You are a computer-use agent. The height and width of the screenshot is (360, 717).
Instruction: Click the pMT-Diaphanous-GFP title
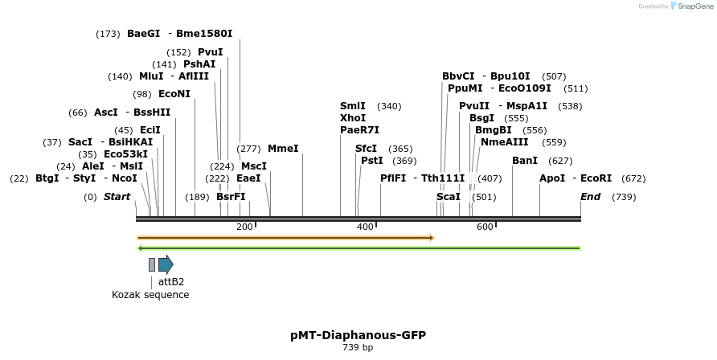pos(358,335)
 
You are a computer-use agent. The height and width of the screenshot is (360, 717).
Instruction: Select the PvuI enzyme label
pos(210,52)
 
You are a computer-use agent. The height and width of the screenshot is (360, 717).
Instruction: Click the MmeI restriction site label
pos(283,149)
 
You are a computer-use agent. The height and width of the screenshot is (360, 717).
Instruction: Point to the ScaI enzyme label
pos(449,197)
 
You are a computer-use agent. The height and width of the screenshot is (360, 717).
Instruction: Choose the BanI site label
pos(525,161)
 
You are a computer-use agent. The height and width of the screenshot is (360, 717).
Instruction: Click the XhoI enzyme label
pos(353,117)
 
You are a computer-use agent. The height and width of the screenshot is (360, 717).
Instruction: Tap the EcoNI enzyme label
pos(174,94)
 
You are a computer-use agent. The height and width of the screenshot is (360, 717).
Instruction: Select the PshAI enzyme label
pos(199,64)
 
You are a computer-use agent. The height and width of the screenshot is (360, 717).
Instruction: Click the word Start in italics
pos(117,197)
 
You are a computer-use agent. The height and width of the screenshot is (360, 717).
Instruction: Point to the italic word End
pos(590,197)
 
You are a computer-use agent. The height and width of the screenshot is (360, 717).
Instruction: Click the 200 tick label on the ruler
pos(244,227)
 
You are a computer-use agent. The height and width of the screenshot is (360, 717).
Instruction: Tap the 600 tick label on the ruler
pos(484,227)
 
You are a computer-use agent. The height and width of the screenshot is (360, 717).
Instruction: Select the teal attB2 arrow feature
pos(166,264)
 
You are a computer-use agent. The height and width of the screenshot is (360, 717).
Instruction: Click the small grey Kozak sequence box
pos(152,264)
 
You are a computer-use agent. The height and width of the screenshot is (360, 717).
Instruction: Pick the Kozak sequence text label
pos(150,295)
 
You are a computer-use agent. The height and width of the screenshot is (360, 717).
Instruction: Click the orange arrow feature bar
pos(285,238)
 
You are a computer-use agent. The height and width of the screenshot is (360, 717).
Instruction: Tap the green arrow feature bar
pos(358,248)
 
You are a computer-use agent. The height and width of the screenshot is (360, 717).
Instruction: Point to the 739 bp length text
pos(358,348)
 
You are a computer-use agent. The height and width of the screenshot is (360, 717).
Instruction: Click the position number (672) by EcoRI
pos(633,178)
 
